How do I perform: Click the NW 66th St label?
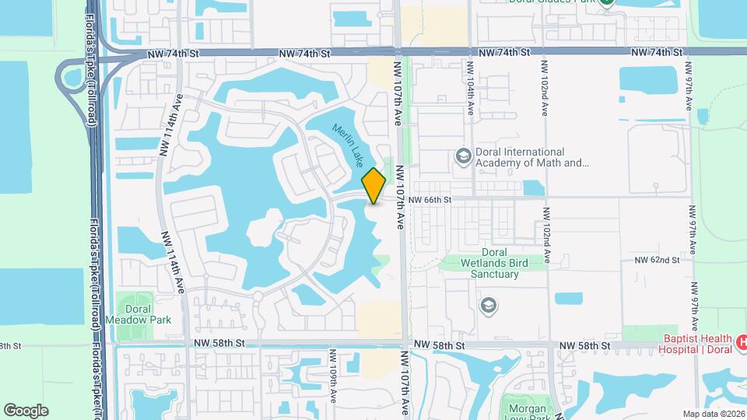(430, 200)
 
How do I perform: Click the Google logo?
(25, 410)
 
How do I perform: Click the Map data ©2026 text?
(713, 413)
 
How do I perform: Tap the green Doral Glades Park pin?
(607, 2)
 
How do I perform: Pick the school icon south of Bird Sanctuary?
(489, 304)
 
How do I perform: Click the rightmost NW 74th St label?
(657, 52)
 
